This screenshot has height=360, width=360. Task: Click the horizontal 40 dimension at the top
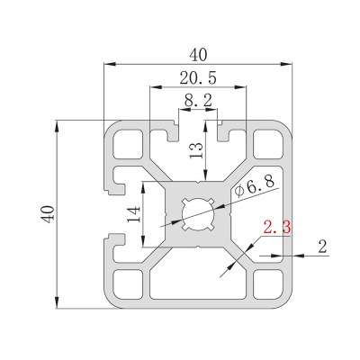198,55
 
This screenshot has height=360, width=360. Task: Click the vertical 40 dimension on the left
48,214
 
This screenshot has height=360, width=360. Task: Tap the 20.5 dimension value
198,78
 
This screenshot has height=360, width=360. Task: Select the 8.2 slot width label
198,101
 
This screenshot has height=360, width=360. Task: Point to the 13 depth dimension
197,150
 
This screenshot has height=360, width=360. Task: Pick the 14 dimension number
134,214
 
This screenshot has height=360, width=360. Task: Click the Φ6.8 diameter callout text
255,186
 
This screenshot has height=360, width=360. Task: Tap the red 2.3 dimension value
276,228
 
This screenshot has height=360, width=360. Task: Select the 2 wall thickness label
322,247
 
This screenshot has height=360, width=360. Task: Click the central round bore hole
198,214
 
